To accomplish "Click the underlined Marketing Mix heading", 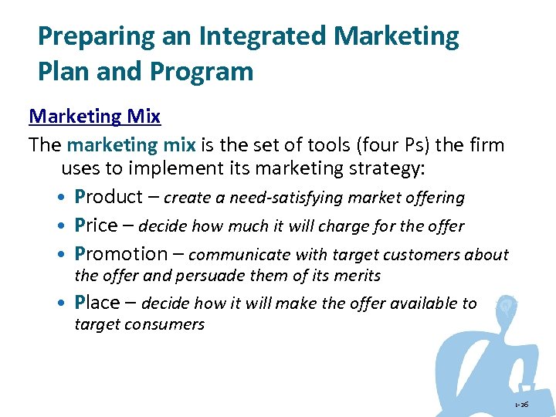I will point(94,117).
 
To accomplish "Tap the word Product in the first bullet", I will point(108,197).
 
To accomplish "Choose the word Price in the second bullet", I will point(96,225).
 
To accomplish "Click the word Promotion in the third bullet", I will point(120,254).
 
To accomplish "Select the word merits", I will point(357,276).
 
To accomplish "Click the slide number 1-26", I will point(524,405).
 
